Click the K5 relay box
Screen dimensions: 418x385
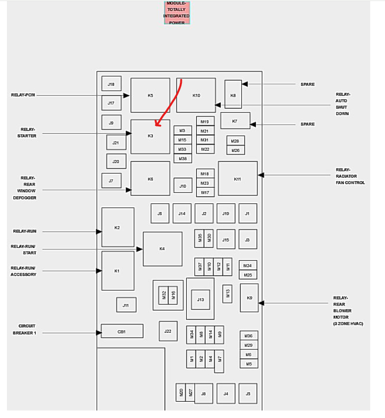click(x=150, y=95)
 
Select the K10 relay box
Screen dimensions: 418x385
click(x=196, y=95)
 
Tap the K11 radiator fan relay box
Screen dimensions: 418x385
click(x=238, y=179)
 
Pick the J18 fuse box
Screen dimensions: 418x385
click(x=111, y=84)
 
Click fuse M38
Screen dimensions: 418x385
click(x=182, y=158)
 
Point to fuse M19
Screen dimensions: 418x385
click(x=205, y=121)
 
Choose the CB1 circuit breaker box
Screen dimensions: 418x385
click(x=122, y=331)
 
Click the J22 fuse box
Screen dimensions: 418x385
click(x=168, y=331)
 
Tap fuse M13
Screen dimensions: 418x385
click(x=227, y=294)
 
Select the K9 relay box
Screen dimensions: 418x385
click(x=249, y=298)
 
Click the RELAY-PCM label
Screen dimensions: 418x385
click(x=23, y=95)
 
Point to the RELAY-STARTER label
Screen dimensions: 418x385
click(x=28, y=133)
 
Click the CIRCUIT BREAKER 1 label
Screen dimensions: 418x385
click(x=27, y=329)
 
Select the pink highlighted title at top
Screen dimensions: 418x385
click(x=176, y=13)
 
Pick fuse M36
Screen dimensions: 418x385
click(x=249, y=336)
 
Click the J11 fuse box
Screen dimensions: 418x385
click(x=126, y=305)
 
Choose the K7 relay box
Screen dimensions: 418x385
click(x=235, y=121)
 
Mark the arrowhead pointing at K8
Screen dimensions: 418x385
click(x=244, y=84)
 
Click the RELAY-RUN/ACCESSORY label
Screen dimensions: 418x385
click(x=23, y=271)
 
